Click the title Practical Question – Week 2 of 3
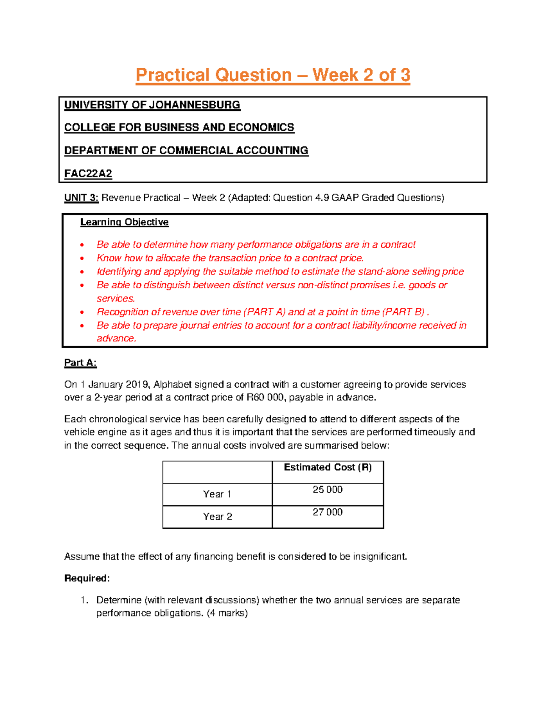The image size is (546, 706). [x=273, y=75]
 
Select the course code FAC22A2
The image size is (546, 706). [x=88, y=174]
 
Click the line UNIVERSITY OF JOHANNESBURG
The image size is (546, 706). [x=152, y=105]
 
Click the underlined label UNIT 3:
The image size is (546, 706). [x=81, y=198]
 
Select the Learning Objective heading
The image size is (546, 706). [x=124, y=222]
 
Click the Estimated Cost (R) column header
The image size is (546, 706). [x=328, y=467]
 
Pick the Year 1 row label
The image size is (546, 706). [x=217, y=494]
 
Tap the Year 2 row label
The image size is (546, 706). [x=217, y=516]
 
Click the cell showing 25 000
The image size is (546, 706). [x=328, y=490]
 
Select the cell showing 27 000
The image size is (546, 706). [x=328, y=512]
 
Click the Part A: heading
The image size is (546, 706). [x=80, y=363]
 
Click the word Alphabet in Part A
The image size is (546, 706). [x=172, y=385]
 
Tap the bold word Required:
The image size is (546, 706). [x=87, y=578]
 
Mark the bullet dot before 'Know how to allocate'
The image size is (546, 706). [x=82, y=259]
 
